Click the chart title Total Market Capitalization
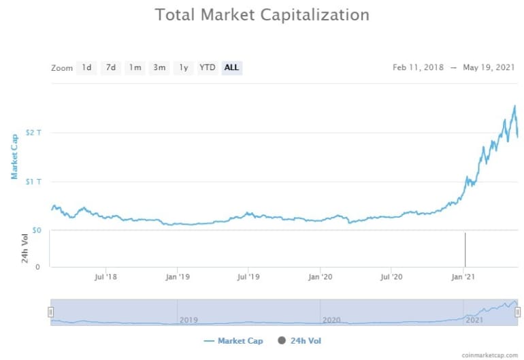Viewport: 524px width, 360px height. tap(262, 14)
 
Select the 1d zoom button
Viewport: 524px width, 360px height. tap(86, 67)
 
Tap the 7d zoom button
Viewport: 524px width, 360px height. tap(110, 67)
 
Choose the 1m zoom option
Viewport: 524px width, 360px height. tap(135, 67)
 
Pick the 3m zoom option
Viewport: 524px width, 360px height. tap(159, 67)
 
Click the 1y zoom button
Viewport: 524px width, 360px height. tap(183, 67)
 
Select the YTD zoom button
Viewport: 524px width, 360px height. tap(207, 67)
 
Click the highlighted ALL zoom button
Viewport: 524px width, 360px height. tap(231, 67)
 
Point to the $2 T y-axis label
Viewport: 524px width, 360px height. tap(33, 132)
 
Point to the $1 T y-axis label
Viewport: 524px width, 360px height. tap(33, 181)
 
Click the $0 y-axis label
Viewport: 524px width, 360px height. tap(37, 231)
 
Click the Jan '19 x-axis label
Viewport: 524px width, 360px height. tap(177, 277)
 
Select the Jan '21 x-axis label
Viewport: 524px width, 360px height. tap(463, 277)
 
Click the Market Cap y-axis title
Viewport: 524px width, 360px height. tap(14, 156)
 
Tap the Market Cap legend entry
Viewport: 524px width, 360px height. tap(233, 340)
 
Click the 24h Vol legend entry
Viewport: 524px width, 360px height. tap(300, 340)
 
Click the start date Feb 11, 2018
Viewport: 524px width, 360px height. tap(418, 67)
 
